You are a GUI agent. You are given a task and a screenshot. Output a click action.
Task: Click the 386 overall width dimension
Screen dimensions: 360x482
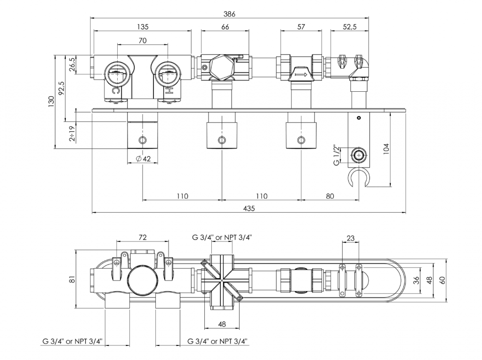point(230,14)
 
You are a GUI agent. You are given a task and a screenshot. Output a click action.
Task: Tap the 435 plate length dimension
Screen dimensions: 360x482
point(249,208)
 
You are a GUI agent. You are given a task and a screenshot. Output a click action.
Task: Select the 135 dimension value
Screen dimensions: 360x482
point(142,27)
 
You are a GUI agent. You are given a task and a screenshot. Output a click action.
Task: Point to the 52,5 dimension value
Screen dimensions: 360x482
point(349,27)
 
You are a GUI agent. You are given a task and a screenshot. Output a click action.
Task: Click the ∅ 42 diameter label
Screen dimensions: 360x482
point(143,159)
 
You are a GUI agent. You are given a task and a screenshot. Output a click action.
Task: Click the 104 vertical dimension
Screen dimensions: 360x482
point(386,150)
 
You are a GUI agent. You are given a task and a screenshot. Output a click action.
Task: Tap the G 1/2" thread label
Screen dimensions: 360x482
point(337,155)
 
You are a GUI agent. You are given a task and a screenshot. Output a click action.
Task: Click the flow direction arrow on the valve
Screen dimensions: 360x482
point(300,73)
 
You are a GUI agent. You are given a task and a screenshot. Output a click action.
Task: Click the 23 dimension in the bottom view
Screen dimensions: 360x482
point(350,239)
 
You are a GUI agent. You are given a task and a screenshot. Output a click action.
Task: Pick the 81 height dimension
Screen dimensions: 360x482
point(72,280)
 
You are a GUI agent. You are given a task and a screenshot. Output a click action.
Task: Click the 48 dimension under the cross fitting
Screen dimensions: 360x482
point(222,324)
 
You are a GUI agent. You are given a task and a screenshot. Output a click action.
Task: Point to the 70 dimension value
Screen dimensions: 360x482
point(142,41)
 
